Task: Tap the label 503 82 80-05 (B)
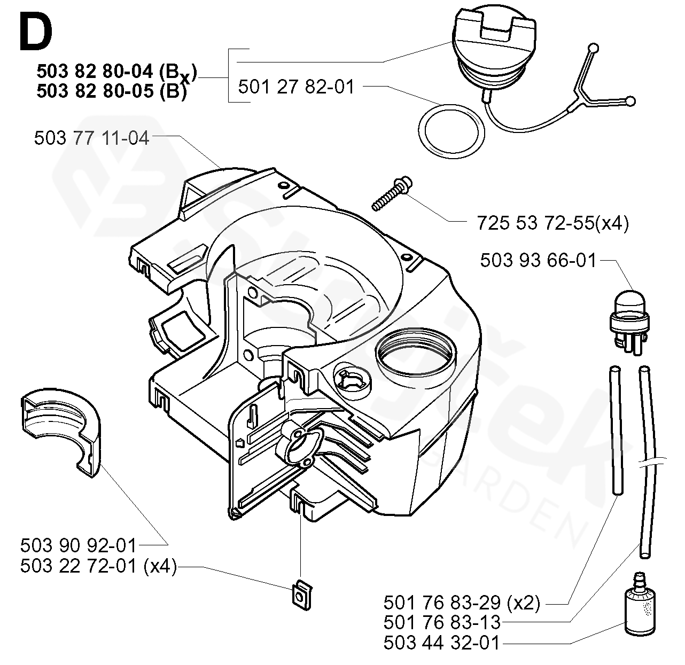pyautogui.click(x=112, y=91)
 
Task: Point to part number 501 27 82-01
pyautogui.click(x=295, y=87)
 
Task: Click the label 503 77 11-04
pyautogui.click(x=91, y=138)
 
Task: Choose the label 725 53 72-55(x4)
pyautogui.click(x=552, y=223)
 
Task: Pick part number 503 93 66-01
pyautogui.click(x=538, y=260)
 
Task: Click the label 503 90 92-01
pyautogui.click(x=78, y=546)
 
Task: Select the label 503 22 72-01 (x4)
pyautogui.click(x=98, y=566)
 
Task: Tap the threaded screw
pyautogui.click(x=392, y=193)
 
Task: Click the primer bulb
pyautogui.click(x=630, y=322)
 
